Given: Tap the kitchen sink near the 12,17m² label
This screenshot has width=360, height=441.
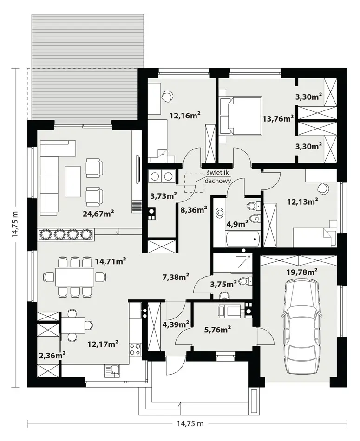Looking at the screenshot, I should [x=111, y=370].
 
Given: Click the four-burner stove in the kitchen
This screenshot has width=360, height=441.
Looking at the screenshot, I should [x=135, y=349].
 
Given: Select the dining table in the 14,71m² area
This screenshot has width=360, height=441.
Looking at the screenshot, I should [x=74, y=278].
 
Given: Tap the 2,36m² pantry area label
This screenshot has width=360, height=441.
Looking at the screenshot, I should [x=52, y=355].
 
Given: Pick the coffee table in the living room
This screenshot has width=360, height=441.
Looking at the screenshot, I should [x=72, y=181].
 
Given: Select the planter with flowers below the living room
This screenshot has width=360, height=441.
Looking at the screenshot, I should [x=66, y=234].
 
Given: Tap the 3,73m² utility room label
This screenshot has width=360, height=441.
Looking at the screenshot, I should [x=163, y=195].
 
